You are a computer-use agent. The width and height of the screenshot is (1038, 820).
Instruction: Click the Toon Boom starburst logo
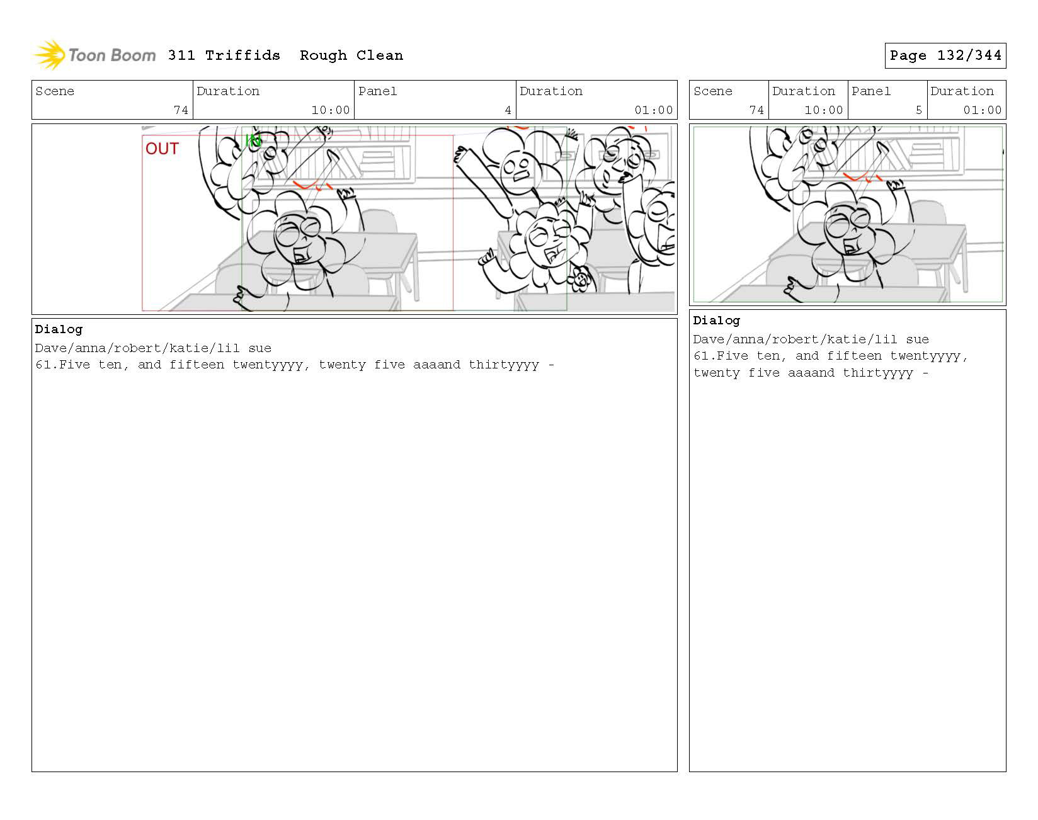coord(49,55)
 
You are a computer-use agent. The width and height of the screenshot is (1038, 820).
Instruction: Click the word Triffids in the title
coord(242,55)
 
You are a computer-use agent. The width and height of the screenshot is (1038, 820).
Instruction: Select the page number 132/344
coord(969,55)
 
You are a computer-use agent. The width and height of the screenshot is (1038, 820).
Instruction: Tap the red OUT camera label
coord(162,149)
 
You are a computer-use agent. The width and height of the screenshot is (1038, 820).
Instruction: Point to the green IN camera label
coord(253,141)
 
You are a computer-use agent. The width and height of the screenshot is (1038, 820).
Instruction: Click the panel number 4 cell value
coord(508,110)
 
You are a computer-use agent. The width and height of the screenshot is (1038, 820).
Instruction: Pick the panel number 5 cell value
coord(919,110)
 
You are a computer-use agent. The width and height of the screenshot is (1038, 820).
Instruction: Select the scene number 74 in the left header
coord(181,110)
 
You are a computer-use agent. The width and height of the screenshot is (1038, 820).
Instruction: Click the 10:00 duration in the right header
coord(824,110)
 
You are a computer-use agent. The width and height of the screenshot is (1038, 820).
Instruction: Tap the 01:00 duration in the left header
coord(654,110)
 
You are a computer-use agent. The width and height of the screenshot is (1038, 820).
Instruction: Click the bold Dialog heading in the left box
coord(59,329)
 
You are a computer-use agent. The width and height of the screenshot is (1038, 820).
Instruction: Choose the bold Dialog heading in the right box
coord(717,321)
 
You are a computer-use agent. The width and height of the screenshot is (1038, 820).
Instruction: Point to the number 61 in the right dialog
coord(701,356)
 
